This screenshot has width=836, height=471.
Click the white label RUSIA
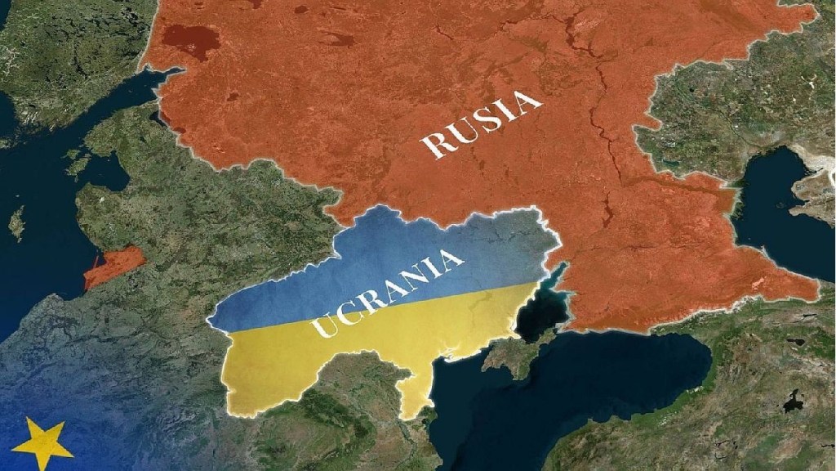pyautogui.click(x=482, y=124)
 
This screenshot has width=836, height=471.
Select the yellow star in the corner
pyautogui.click(x=41, y=444)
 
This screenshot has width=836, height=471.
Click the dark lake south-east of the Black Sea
pyautogui.click(x=791, y=401)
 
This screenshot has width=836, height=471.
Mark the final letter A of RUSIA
pyautogui.click(x=528, y=102)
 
